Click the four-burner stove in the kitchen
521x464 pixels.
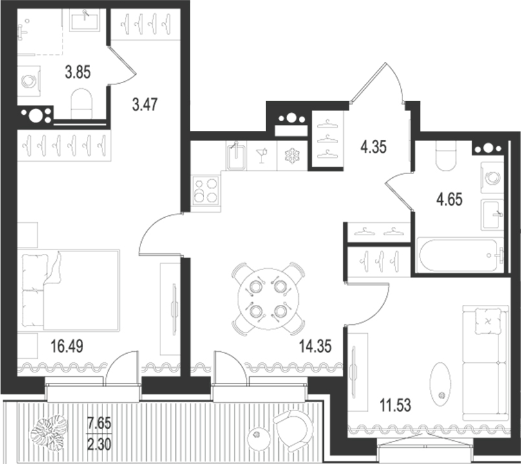(x=206, y=191)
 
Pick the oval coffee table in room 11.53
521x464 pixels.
(x=442, y=385)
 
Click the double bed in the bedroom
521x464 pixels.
(x=70, y=289)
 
